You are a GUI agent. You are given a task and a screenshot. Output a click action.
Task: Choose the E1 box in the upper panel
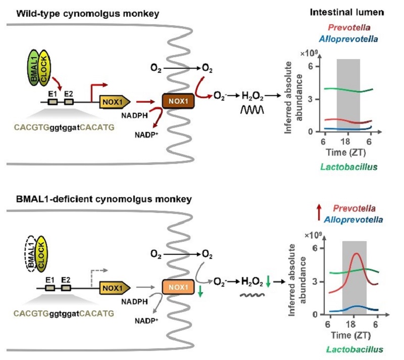53,102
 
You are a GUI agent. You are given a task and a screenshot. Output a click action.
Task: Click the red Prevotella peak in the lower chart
357,254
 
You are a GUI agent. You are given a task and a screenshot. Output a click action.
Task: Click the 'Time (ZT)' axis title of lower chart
352,335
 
